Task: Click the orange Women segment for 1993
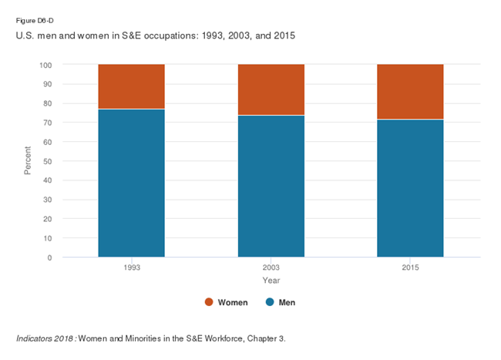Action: [131, 86]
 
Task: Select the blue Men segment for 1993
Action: [131, 183]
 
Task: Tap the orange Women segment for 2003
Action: [271, 89]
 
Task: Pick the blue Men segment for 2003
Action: [271, 186]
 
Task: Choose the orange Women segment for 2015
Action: [410, 92]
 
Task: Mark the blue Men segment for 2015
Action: [410, 188]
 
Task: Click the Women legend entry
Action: [227, 302]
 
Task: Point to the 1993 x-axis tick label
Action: [131, 267]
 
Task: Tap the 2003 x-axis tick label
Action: [271, 267]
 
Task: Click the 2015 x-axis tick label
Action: [410, 267]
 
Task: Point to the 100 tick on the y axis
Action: [45, 65]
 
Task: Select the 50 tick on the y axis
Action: [48, 161]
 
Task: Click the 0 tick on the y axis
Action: [49, 257]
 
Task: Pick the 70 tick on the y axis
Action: [48, 123]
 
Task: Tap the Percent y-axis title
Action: [28, 160]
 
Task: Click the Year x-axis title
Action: [271, 279]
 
